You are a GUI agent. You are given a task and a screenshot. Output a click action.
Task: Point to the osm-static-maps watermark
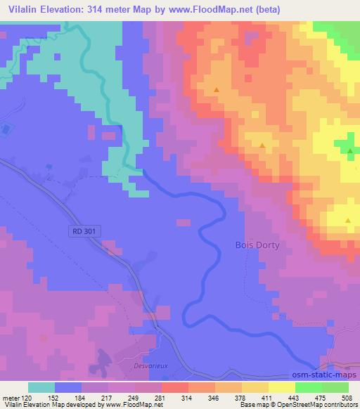[324, 377]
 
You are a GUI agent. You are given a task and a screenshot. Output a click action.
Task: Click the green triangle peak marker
[350, 150]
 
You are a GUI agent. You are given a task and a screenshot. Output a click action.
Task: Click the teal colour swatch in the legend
[41, 387]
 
